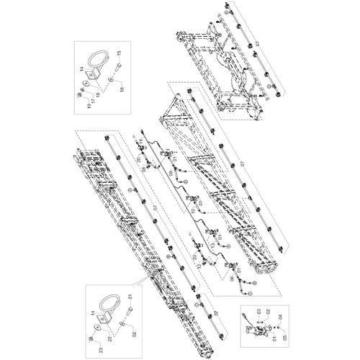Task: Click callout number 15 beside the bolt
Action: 120,53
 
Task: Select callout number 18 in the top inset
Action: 121,89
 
